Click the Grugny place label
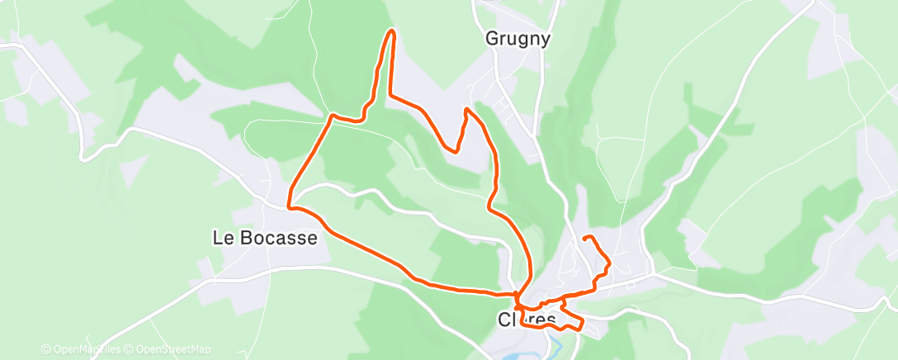(x=517, y=39)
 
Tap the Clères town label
(x=528, y=319)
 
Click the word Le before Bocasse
(x=220, y=238)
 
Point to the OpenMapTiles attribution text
(x=87, y=349)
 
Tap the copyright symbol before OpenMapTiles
(x=46, y=349)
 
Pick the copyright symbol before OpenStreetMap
(x=130, y=349)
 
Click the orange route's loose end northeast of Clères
(x=584, y=238)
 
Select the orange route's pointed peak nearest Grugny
(x=466, y=108)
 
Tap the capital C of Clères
(x=503, y=319)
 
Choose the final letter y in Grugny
(x=545, y=40)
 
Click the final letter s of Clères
(x=553, y=319)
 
